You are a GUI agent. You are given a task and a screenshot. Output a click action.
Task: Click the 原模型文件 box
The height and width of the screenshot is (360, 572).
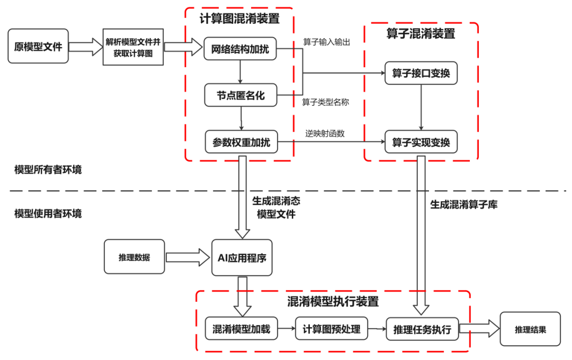tap(38, 47)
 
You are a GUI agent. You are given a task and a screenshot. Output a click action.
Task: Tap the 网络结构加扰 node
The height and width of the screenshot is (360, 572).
tap(240, 50)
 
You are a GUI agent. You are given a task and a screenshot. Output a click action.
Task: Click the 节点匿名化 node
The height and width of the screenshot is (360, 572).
tap(240, 96)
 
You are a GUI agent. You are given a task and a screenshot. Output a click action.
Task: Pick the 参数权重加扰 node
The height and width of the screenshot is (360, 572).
tap(241, 142)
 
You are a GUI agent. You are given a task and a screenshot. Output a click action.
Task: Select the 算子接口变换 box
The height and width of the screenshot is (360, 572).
tap(421, 73)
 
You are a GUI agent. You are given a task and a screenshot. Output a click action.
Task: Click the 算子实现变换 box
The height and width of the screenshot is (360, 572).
tap(421, 142)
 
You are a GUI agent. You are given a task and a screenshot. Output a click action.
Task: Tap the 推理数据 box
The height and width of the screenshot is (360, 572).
tap(135, 257)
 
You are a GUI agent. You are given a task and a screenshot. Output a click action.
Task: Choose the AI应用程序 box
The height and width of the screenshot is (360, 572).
tap(242, 258)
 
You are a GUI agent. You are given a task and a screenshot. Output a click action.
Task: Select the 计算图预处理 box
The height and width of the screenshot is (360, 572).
tap(332, 329)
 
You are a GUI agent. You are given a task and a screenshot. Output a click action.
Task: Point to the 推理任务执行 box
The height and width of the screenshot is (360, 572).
tap(422, 329)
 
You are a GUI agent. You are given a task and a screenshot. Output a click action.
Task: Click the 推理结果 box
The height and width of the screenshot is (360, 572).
tap(530, 329)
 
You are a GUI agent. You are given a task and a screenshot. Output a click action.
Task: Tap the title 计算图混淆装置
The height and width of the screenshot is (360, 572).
tap(239, 19)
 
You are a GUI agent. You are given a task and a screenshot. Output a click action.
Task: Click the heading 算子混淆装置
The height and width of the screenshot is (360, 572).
tap(421, 34)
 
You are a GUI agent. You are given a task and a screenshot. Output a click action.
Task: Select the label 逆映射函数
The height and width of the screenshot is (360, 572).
tap(325, 133)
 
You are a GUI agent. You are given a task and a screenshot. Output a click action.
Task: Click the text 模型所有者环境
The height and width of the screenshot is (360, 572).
tap(48, 170)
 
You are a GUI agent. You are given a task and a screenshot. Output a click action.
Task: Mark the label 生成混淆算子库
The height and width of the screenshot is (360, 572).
tap(463, 204)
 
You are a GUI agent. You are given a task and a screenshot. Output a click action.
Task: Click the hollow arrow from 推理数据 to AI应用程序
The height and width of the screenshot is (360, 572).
tap(188, 258)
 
